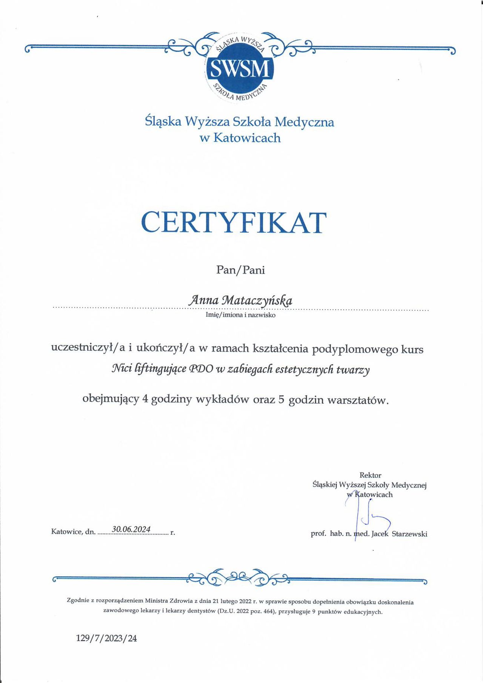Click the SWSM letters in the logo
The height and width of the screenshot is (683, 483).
pyautogui.click(x=240, y=69)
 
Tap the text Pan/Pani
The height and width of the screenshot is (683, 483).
pyautogui.click(x=240, y=270)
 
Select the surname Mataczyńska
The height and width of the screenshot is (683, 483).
pyautogui.click(x=257, y=300)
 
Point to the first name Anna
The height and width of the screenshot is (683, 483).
pyautogui.click(x=204, y=300)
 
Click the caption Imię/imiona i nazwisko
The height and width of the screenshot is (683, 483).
pyautogui.click(x=240, y=315)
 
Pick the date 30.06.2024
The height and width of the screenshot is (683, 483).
pyautogui.click(x=131, y=529)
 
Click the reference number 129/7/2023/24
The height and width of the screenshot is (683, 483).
pyautogui.click(x=106, y=638)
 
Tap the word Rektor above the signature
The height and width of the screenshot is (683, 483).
pyautogui.click(x=370, y=475)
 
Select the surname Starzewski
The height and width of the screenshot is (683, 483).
pyautogui.click(x=409, y=534)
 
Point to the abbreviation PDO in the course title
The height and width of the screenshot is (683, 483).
pyautogui.click(x=201, y=369)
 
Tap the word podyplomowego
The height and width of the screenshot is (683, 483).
pyautogui.click(x=355, y=349)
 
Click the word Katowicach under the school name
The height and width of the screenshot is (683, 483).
pyautogui.click(x=247, y=138)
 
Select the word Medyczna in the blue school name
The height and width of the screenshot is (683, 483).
pyautogui.click(x=304, y=122)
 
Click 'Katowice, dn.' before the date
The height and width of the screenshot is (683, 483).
pyautogui.click(x=73, y=532)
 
